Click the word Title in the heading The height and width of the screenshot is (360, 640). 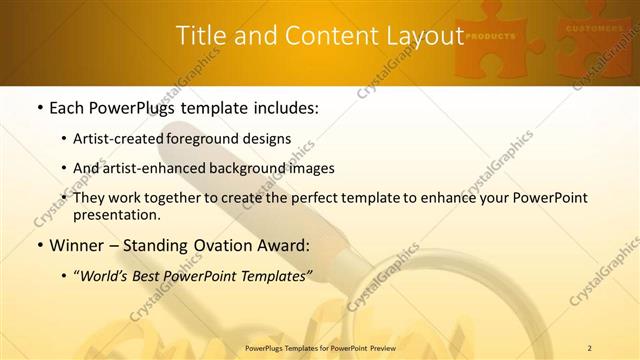200,37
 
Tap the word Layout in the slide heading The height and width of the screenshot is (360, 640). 417,37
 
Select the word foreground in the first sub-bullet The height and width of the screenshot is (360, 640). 213,138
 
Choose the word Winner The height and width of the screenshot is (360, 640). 75,244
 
